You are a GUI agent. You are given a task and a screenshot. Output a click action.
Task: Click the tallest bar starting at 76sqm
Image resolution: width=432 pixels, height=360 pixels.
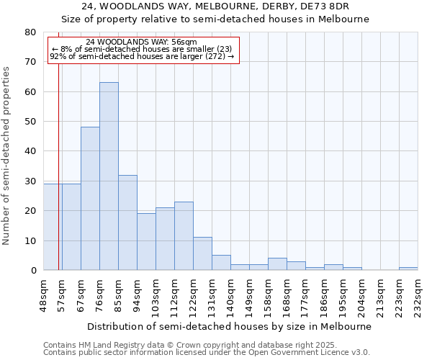pyautogui.click(x=109, y=176)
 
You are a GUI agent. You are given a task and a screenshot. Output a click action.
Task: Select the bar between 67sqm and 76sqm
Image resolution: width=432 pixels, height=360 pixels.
pyautogui.click(x=90, y=199)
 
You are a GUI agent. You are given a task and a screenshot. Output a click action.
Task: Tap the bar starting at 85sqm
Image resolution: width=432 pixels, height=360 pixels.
pyautogui.click(x=127, y=222)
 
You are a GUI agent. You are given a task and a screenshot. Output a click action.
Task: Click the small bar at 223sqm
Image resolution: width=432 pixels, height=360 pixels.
pyautogui.click(x=408, y=269)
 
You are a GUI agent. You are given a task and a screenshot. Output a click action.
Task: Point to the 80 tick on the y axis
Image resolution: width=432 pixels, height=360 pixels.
pyautogui.click(x=30, y=32)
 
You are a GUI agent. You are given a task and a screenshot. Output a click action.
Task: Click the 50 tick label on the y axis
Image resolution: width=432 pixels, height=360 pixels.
pyautogui.click(x=30, y=122)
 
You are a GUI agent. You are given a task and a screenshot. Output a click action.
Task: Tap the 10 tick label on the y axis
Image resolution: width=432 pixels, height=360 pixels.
pyautogui.click(x=30, y=240)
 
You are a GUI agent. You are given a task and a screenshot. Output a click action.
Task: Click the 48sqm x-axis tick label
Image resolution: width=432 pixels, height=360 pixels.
pyautogui.click(x=44, y=296)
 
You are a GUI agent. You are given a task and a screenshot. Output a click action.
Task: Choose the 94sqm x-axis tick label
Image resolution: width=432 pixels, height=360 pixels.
pyautogui.click(x=138, y=296)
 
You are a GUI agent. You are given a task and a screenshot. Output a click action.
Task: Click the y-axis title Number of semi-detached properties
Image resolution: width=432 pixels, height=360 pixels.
pyautogui.click(x=7, y=156)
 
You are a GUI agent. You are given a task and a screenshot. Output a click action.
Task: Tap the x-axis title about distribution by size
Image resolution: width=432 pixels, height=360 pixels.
pyautogui.click(x=230, y=326)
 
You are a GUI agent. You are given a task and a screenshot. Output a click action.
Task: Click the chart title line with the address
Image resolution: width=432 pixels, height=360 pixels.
pyautogui.click(x=215, y=6)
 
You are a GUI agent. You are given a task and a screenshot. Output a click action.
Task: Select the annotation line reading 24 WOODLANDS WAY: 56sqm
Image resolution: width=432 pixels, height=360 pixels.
pyautogui.click(x=141, y=42)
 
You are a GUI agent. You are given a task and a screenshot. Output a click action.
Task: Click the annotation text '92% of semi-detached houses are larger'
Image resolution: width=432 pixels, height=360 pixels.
pyautogui.click(x=142, y=56)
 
